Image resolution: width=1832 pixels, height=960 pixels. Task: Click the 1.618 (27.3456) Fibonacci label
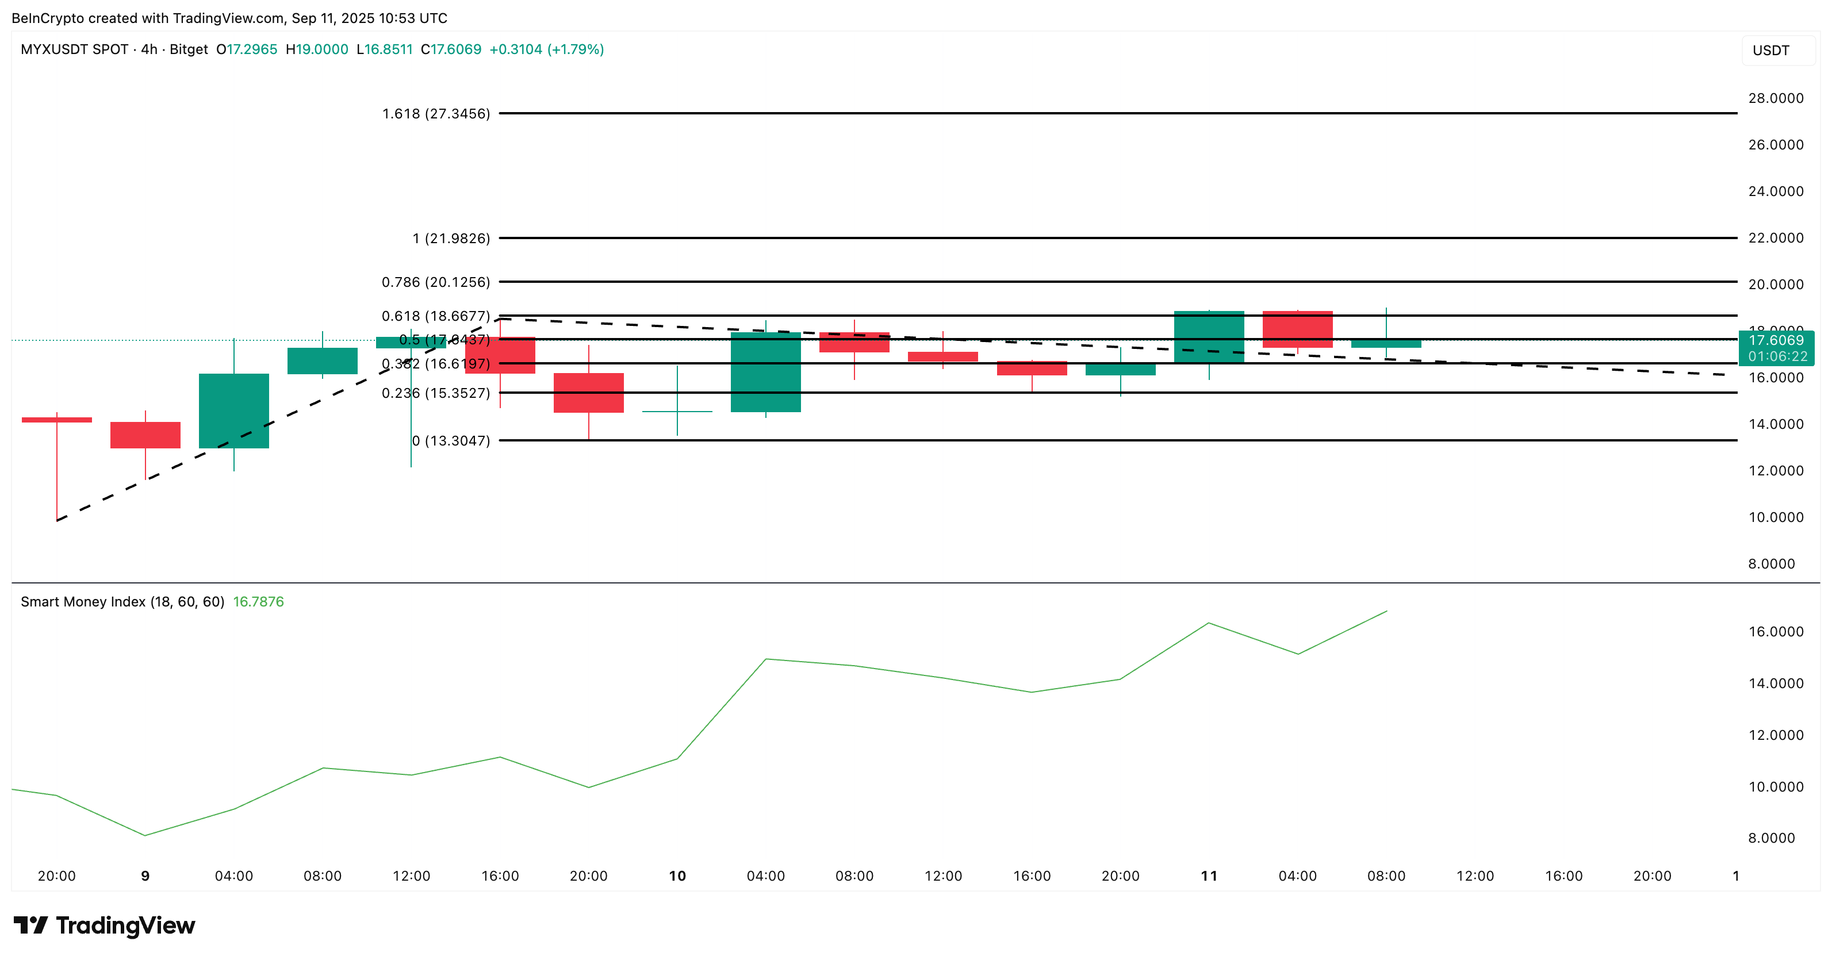pos(435,114)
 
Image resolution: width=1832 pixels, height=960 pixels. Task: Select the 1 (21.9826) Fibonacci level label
pos(451,238)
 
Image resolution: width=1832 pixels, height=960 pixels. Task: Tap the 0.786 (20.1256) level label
pos(435,282)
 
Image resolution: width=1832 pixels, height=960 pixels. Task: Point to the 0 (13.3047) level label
pos(451,441)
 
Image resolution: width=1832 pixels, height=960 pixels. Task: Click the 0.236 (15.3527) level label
pos(435,393)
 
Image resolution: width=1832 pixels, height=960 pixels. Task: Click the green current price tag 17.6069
pos(1775,341)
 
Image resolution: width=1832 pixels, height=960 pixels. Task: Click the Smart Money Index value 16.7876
pos(258,602)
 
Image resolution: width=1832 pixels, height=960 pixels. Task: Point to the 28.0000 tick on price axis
pos(1775,98)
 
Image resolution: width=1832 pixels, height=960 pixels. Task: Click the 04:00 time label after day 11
pos(1297,876)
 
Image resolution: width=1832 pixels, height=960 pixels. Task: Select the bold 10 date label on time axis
pos(677,876)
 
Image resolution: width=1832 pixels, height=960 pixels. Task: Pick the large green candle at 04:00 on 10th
pos(765,372)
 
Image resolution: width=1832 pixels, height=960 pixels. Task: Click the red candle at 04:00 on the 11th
pos(1297,329)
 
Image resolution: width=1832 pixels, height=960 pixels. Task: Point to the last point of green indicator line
pos(1386,611)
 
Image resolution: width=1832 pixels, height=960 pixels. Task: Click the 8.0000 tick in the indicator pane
pos(1771,838)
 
